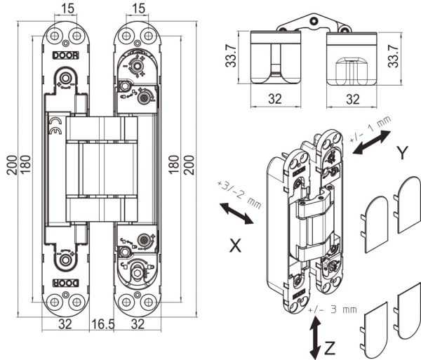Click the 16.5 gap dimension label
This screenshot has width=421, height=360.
pyautogui.click(x=103, y=324)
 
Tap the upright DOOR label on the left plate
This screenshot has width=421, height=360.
pyautogui.click(x=65, y=55)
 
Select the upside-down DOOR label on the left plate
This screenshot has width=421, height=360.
pyautogui.click(x=65, y=283)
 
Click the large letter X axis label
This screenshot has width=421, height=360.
pyautogui.click(x=235, y=246)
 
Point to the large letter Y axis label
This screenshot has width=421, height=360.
pyautogui.click(x=402, y=153)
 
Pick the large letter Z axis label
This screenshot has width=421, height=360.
pyautogui.click(x=330, y=348)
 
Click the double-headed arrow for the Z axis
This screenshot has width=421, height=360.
pyautogui.click(x=315, y=338)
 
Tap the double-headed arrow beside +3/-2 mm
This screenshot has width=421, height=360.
pyautogui.click(x=236, y=213)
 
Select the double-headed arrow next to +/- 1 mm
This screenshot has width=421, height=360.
pyautogui.click(x=372, y=142)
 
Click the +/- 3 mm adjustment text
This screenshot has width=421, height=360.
pyautogui.click(x=333, y=309)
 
